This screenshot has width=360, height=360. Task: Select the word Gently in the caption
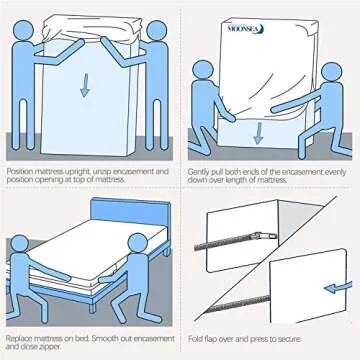203,172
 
